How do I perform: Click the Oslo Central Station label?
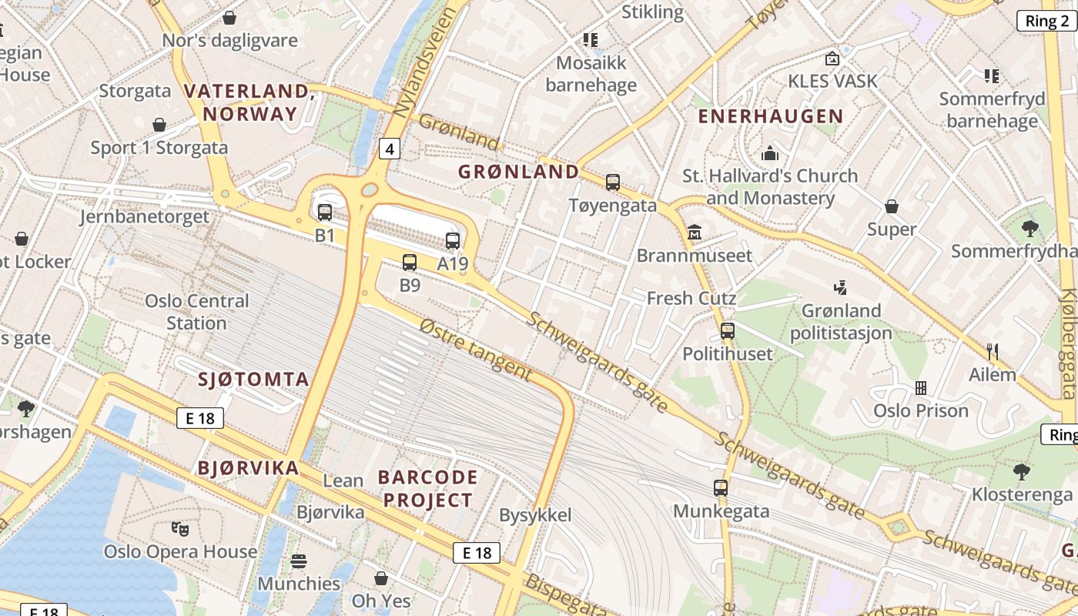pos(197,312)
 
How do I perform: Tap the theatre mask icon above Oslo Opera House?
pos(179,528)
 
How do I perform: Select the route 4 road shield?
pos(390,148)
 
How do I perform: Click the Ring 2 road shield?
pos(1047,21)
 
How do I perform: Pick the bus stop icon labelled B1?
pos(325,213)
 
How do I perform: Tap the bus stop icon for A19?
pos(453,241)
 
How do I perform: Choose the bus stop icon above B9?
pos(410,263)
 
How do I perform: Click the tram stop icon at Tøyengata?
pos(613,182)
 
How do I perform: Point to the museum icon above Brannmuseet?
pos(695,232)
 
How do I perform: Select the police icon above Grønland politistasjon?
pos(841,288)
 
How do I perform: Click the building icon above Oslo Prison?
pos(920,387)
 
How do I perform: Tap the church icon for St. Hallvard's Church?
pos(769,153)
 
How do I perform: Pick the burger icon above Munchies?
pos(299,561)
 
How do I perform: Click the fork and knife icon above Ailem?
pos(993,352)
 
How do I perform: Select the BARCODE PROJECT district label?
pos(428,489)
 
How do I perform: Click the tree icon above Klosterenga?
pos(1022,471)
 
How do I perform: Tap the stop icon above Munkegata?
pos(721,488)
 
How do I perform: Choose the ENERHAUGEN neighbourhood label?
pos(770,116)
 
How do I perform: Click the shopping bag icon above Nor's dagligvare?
pos(229,17)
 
